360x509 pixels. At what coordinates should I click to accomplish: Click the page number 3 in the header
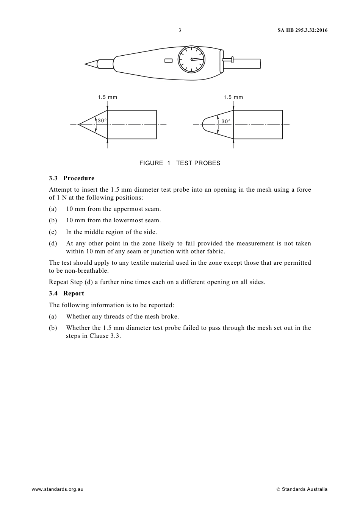pyautogui.click(x=180, y=30)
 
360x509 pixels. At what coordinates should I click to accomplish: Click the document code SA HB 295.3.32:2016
pyautogui.click(x=300, y=30)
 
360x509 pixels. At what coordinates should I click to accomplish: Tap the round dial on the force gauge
pyautogui.click(x=191, y=59)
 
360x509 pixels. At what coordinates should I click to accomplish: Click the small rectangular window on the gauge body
pyautogui.click(x=169, y=60)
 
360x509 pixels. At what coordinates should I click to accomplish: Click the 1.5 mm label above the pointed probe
pyautogui.click(x=108, y=97)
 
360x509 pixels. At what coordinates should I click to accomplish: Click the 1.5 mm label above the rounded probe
pyautogui.click(x=233, y=97)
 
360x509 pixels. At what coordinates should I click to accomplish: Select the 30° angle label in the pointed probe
pyautogui.click(x=102, y=121)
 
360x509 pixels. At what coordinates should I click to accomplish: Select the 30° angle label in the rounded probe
pyautogui.click(x=226, y=122)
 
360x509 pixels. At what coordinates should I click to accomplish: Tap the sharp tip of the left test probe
pyautogui.click(x=79, y=124)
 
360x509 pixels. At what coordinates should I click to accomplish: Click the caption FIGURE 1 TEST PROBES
pyautogui.click(x=180, y=163)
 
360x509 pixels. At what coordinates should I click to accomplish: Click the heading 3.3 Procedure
pyautogui.click(x=72, y=178)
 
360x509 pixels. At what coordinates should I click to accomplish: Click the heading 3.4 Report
pyautogui.click(x=66, y=294)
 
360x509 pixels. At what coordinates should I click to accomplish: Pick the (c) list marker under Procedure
pyautogui.click(x=53, y=232)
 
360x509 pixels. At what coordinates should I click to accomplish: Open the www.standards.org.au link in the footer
pyautogui.click(x=57, y=489)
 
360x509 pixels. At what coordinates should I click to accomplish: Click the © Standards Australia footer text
pyautogui.click(x=302, y=489)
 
